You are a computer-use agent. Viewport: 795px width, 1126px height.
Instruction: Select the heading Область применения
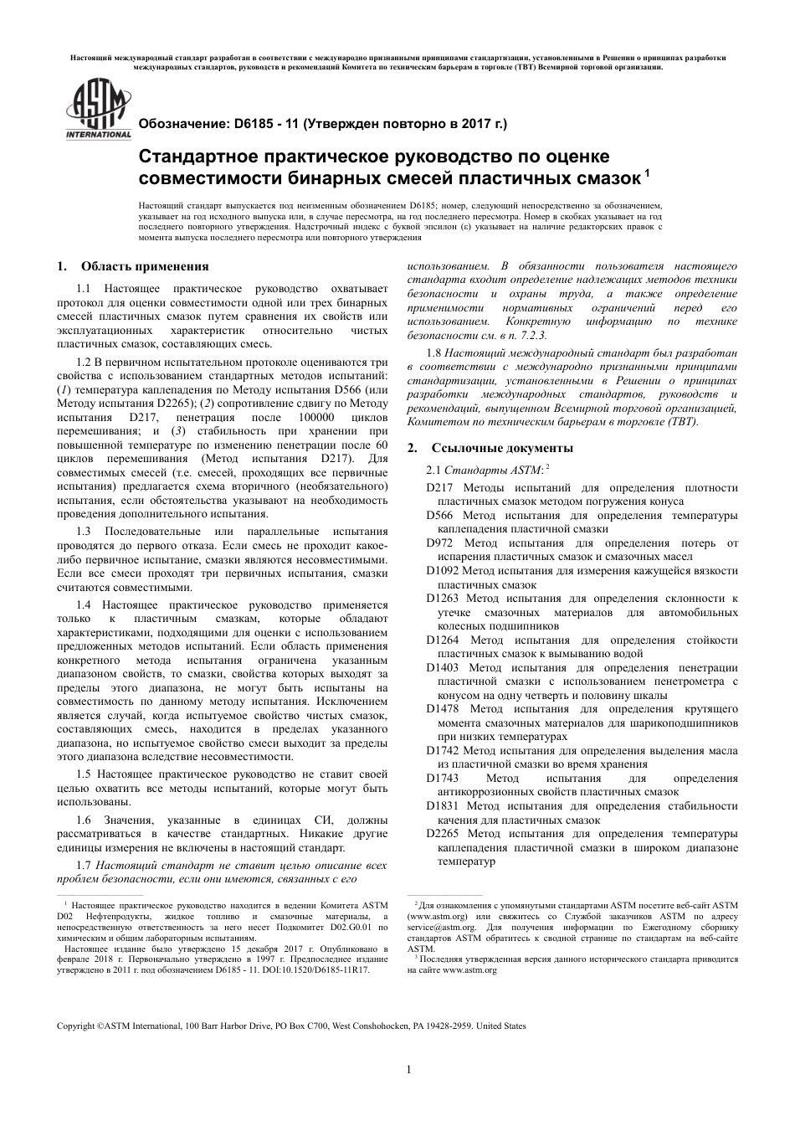tap(144, 267)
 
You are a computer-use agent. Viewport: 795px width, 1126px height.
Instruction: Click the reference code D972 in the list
tap(439, 543)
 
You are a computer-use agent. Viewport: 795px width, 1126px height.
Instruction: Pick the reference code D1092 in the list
tap(443, 571)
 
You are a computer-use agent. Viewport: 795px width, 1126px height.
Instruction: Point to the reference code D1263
tap(442, 599)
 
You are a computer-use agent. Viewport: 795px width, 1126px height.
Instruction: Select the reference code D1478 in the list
tap(442, 709)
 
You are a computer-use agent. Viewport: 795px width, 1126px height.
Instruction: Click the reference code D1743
tap(442, 778)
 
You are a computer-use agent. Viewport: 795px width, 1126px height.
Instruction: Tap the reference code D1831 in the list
tap(442, 805)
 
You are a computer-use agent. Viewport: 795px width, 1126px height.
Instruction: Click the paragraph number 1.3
tap(84, 532)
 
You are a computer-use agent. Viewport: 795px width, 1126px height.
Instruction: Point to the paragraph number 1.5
tap(84, 774)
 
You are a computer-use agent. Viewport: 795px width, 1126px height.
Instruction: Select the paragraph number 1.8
tap(435, 354)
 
